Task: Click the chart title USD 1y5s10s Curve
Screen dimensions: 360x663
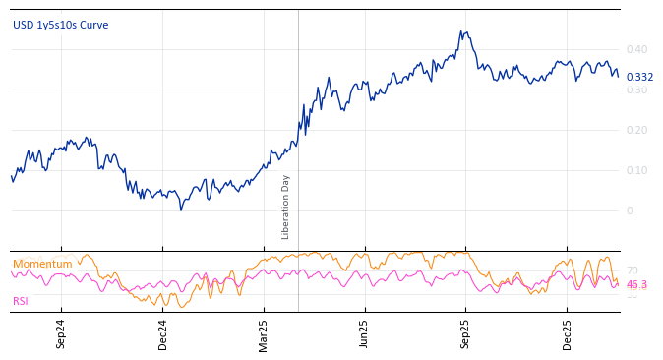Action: (61, 25)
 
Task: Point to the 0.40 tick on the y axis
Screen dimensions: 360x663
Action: (636, 49)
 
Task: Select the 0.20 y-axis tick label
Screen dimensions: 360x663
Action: (636, 130)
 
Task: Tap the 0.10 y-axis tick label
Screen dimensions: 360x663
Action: (636, 170)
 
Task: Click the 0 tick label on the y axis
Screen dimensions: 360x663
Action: (630, 210)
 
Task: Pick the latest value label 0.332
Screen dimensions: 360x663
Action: (639, 77)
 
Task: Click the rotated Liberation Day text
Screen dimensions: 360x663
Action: (286, 207)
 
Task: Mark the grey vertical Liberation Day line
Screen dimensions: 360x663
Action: (298, 118)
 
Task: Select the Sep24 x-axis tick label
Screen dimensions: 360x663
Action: (61, 333)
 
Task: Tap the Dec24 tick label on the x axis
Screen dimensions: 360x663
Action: (163, 333)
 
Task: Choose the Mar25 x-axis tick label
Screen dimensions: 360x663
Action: (264, 333)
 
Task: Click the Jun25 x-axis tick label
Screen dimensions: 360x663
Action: (364, 333)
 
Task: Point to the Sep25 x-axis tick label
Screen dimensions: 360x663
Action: (466, 333)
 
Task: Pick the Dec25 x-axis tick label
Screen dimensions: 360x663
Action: (568, 333)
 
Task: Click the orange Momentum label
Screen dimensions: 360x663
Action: (42, 264)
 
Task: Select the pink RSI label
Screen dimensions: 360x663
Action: (21, 301)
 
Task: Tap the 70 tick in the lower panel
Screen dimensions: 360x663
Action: (632, 270)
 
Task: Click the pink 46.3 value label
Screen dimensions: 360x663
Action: (636, 285)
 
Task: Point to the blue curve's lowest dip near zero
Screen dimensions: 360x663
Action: (181, 210)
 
